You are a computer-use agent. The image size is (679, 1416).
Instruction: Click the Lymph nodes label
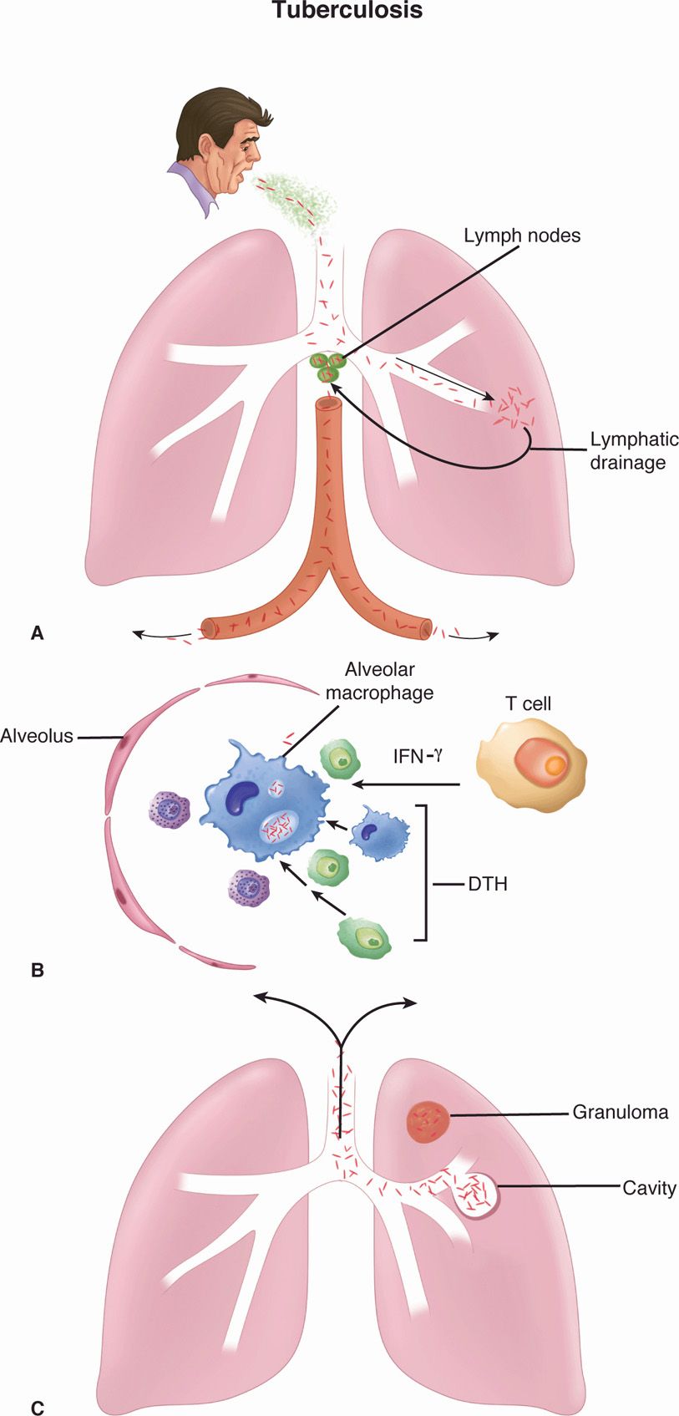pos(522,236)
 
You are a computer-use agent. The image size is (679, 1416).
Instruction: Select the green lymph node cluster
pos(326,367)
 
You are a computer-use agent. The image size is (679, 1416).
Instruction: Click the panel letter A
pos(37,633)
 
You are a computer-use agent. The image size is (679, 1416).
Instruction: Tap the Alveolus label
pos(37,736)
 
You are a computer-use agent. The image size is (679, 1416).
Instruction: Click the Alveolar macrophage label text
pos(380,681)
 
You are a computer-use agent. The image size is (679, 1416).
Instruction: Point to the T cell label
pos(528,704)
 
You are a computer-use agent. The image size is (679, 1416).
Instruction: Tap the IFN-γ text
pos(418,758)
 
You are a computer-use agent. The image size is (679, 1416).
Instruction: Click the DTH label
pos(488,882)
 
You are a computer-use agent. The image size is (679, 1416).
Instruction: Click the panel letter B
pos(37,971)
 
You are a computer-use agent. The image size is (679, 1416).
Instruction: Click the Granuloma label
pos(620,1113)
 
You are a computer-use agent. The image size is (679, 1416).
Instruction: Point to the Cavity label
pos(649,1187)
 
